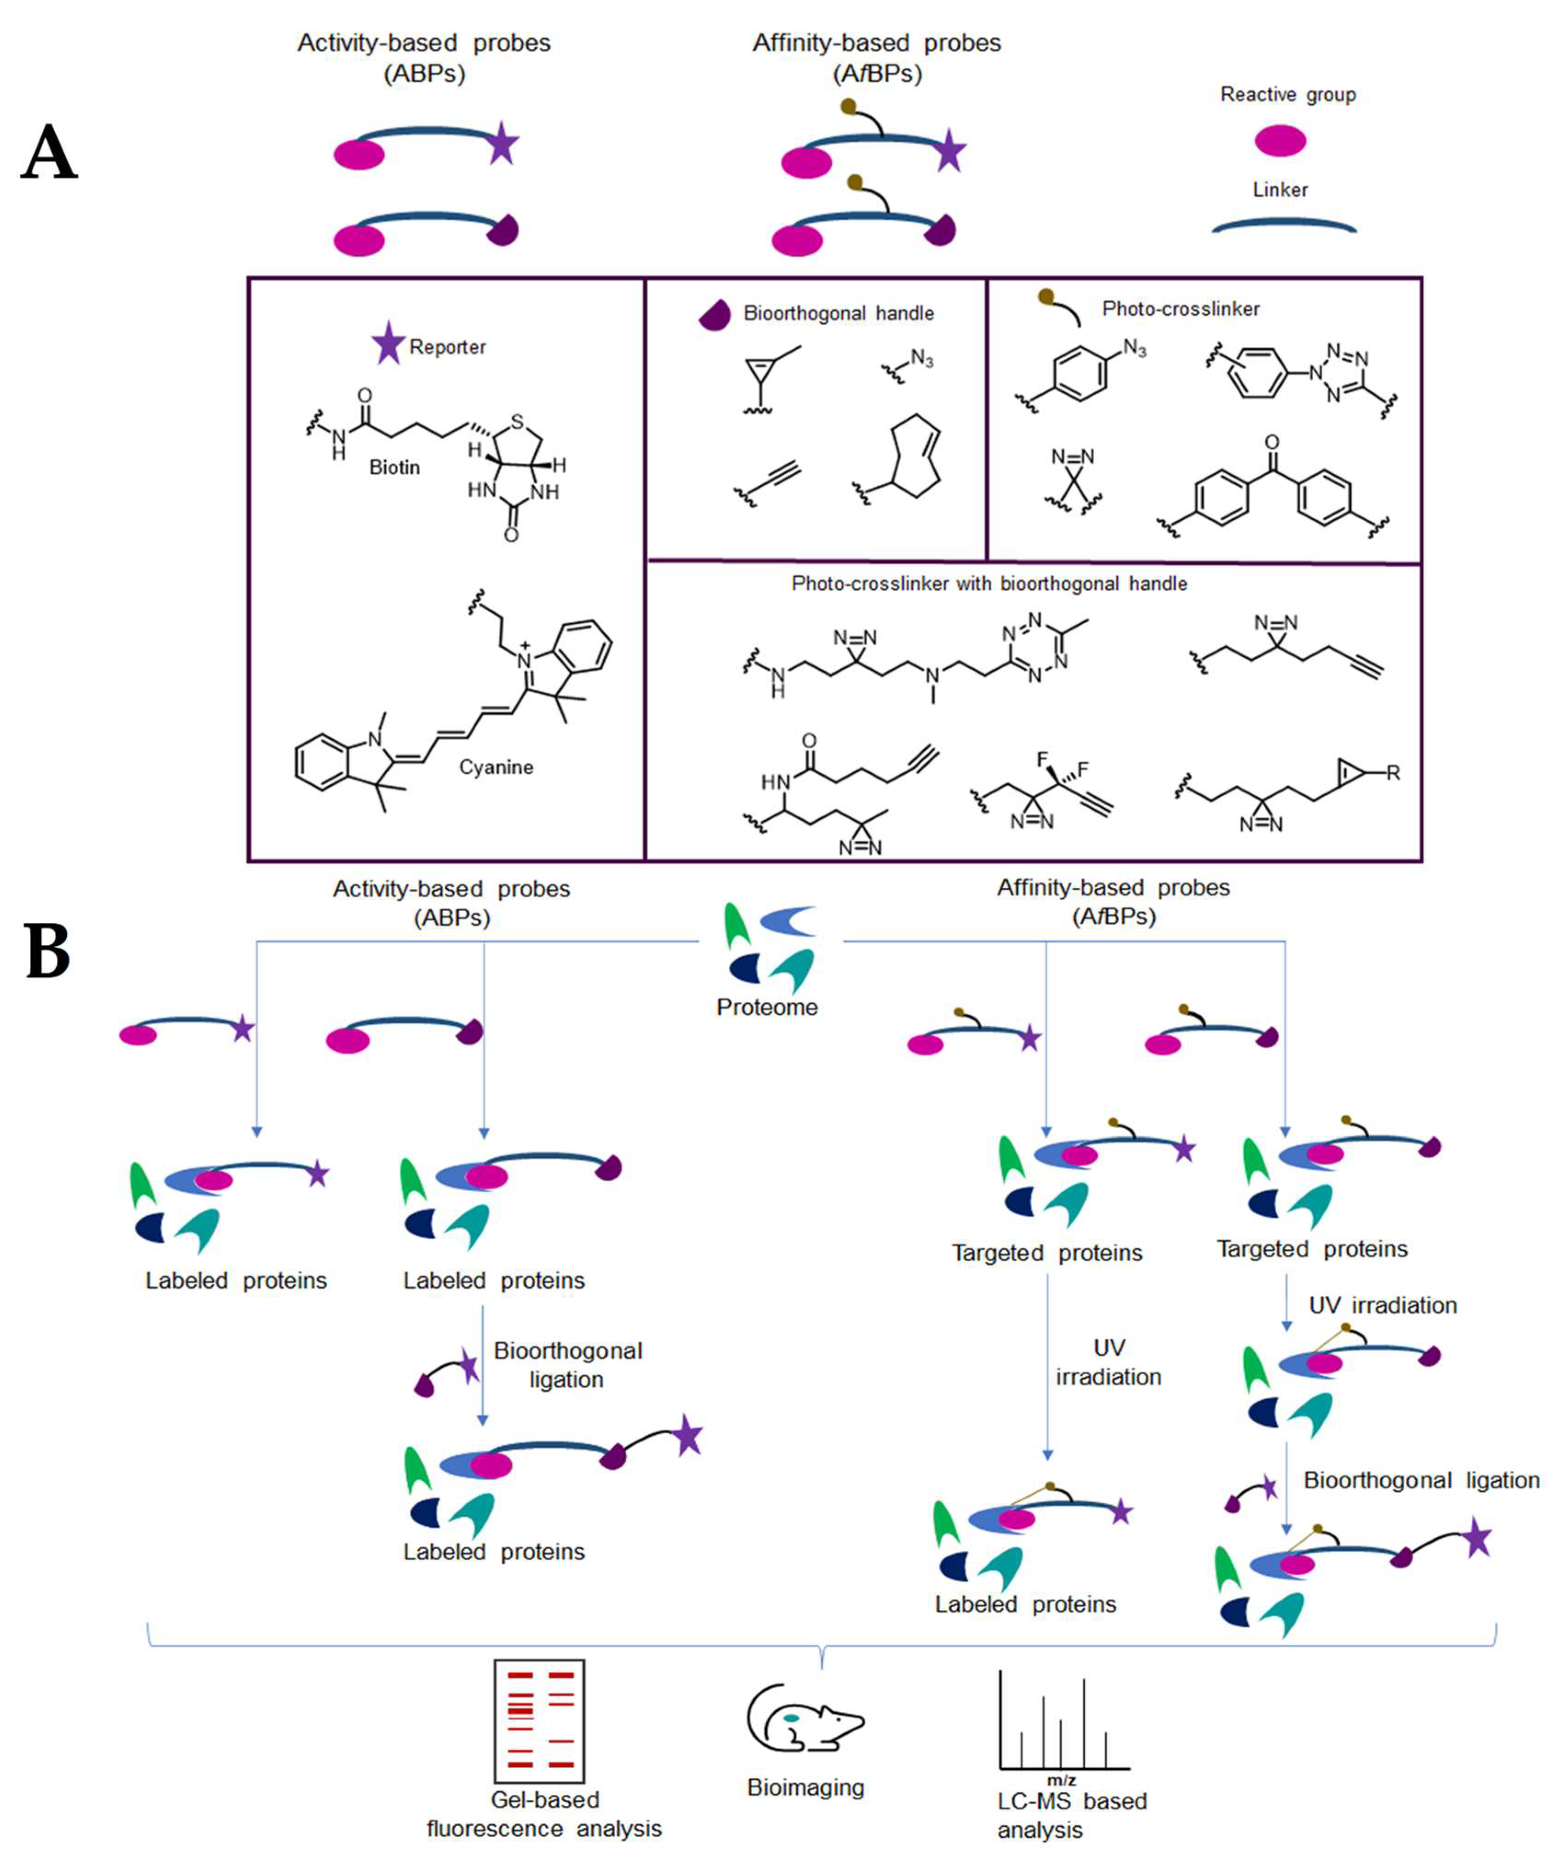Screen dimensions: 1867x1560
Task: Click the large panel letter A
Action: (x=50, y=152)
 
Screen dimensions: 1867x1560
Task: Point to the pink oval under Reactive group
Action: (x=1280, y=140)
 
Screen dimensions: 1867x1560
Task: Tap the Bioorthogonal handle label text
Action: (x=838, y=313)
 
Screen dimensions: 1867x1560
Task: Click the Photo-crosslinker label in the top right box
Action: (x=1180, y=309)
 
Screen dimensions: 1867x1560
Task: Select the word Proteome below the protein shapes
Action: (x=767, y=1007)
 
